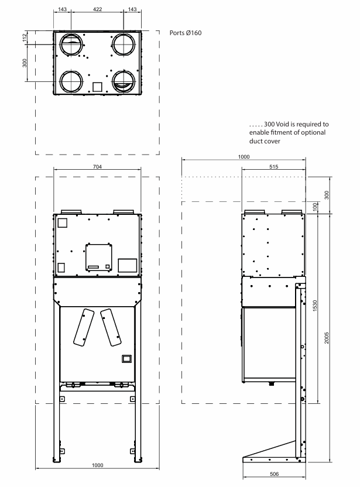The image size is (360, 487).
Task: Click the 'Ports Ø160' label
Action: coord(186,33)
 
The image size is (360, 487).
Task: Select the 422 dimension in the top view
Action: coord(97,9)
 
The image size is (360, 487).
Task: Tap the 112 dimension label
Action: coord(25,37)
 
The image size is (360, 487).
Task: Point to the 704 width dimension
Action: coord(97,167)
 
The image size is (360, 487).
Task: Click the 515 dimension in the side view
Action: coord(273,167)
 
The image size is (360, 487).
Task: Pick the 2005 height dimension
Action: coord(327,338)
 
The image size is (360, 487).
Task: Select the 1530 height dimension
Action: coord(315,306)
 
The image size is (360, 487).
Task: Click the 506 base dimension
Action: coord(275,474)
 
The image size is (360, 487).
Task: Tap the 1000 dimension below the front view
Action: coord(97,465)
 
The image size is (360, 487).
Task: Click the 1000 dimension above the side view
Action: coord(244,156)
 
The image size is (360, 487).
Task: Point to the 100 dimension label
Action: coord(315,207)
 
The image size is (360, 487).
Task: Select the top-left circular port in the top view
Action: coord(71,44)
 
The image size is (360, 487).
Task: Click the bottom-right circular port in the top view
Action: coord(124,82)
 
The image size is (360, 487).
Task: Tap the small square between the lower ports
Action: coord(97,87)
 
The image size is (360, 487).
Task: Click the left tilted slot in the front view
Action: coord(84,327)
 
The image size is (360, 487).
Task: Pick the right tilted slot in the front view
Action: coord(111,327)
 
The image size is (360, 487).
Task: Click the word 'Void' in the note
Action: coord(282,124)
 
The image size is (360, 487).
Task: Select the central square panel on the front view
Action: coord(99,257)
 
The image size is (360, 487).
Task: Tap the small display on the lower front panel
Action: coord(126,359)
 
